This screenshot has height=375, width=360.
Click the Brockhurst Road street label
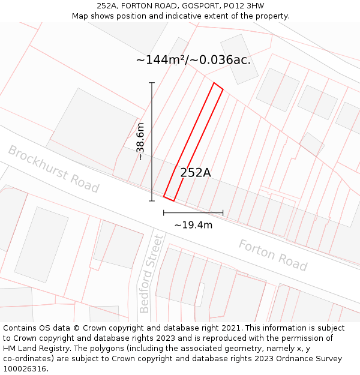point(53,169)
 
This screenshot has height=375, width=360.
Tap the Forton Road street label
point(273,255)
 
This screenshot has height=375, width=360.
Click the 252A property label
point(196,173)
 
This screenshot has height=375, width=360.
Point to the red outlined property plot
point(193,142)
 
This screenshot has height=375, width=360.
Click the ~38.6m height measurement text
point(140,142)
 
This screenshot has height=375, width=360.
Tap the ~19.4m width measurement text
point(193,225)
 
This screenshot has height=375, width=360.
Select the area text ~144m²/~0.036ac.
point(193,59)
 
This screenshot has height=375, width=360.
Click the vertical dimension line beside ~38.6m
point(152,142)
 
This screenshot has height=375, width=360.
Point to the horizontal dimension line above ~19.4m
point(193,212)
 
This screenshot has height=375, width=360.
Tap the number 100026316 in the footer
point(26,368)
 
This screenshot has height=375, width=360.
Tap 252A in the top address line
point(107,6)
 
